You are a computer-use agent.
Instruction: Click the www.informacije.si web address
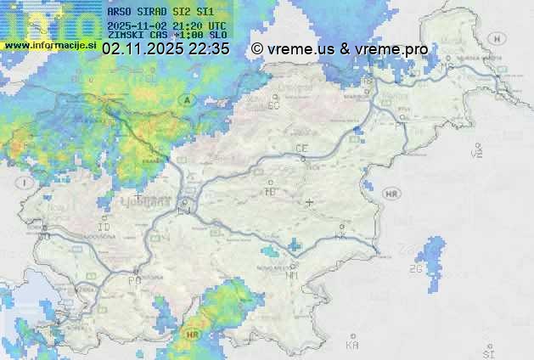tap(49, 45)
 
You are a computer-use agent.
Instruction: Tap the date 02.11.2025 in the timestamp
tap(142, 49)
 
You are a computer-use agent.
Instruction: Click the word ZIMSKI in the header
tap(127, 35)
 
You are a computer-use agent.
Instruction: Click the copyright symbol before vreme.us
tap(257, 49)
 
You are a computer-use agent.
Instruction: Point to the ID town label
tap(104, 228)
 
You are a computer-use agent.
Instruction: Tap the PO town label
tap(133, 279)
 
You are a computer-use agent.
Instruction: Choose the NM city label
tap(293, 275)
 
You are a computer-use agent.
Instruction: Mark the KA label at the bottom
tap(351, 346)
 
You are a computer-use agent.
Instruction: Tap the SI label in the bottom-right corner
tap(487, 351)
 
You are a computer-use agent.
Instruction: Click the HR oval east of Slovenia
tap(392, 194)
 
